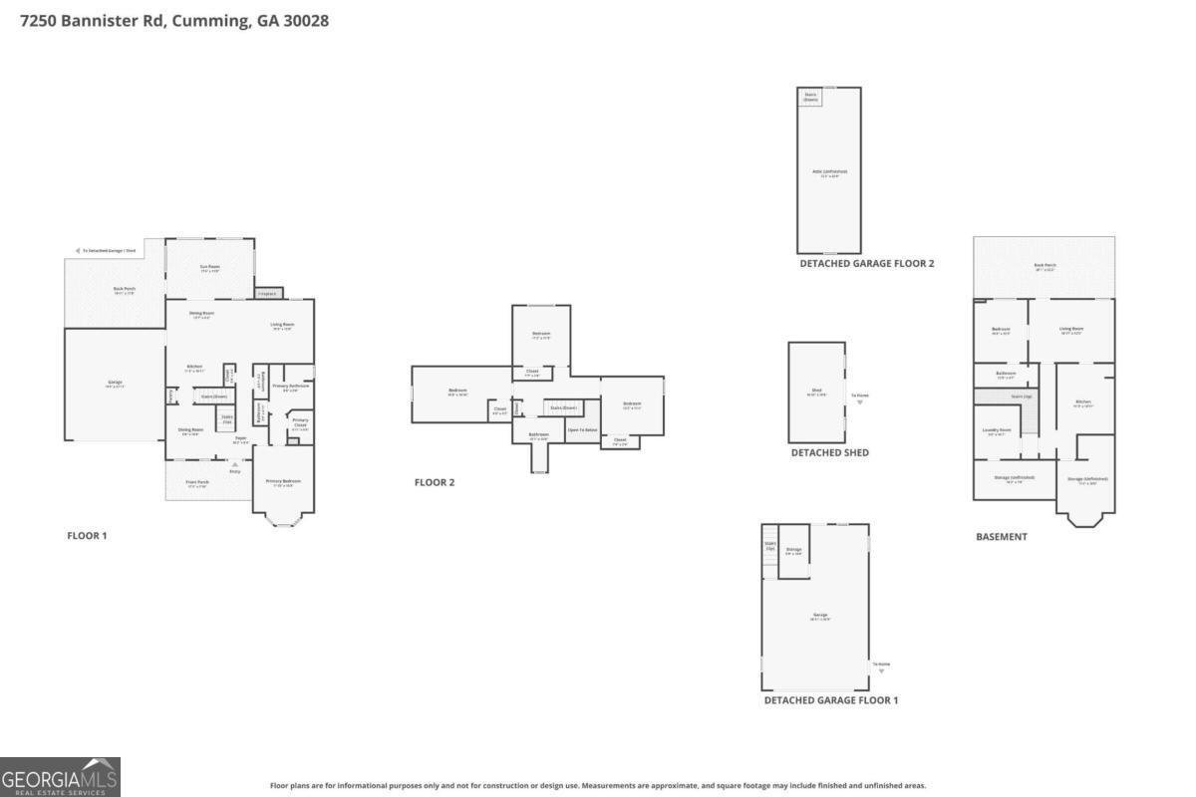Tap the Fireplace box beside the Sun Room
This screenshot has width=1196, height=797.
pos(268,293)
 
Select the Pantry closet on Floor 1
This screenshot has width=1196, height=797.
pos(171,396)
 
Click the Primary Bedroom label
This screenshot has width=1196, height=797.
pos(282,482)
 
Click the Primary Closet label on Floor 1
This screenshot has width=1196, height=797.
pos(300,422)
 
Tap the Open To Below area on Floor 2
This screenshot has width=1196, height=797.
pos(582,429)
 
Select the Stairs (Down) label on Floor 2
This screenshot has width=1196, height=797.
pos(563,407)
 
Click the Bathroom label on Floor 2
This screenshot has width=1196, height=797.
pos(538,435)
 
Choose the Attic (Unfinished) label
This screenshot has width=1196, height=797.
pos(828,172)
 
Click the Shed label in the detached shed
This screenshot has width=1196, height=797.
pos(816,393)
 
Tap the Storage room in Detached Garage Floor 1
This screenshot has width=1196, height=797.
pos(793,550)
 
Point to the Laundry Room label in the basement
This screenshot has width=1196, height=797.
pos(997,431)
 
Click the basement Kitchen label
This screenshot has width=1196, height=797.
pos(1082,403)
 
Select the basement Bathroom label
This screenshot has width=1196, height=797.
pos(1005,375)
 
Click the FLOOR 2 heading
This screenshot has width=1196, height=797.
pos(435,482)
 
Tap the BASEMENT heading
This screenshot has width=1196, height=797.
pos(1001,537)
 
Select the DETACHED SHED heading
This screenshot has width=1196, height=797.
pos(829,452)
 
